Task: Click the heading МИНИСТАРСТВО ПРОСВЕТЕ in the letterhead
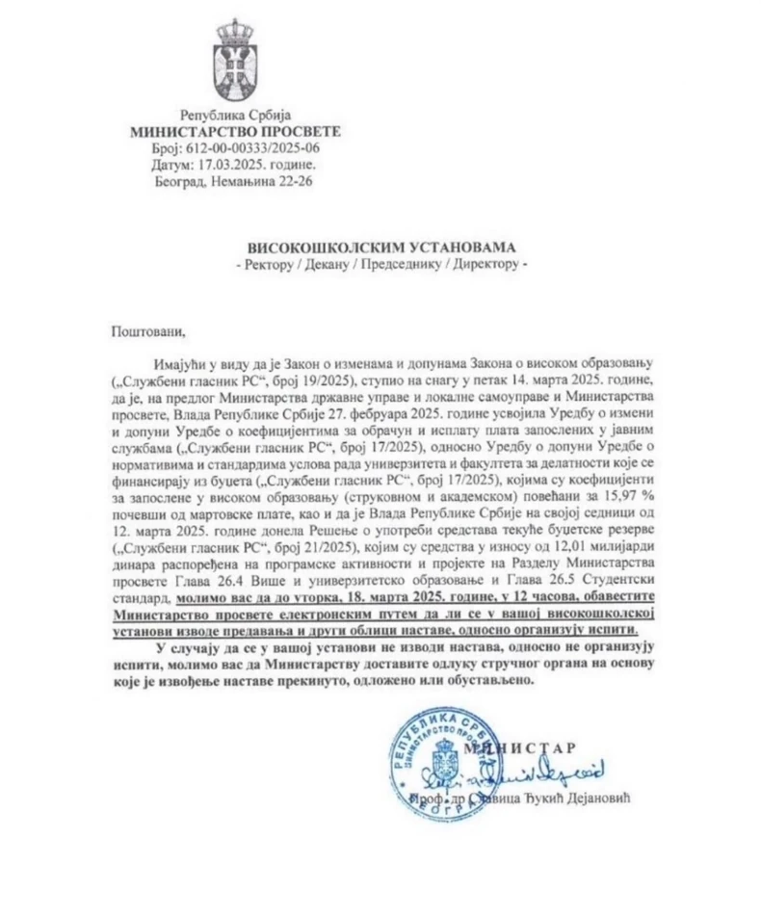tap(235, 131)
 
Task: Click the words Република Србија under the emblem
tap(236, 115)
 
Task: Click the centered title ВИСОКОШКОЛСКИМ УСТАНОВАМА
tap(380, 247)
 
